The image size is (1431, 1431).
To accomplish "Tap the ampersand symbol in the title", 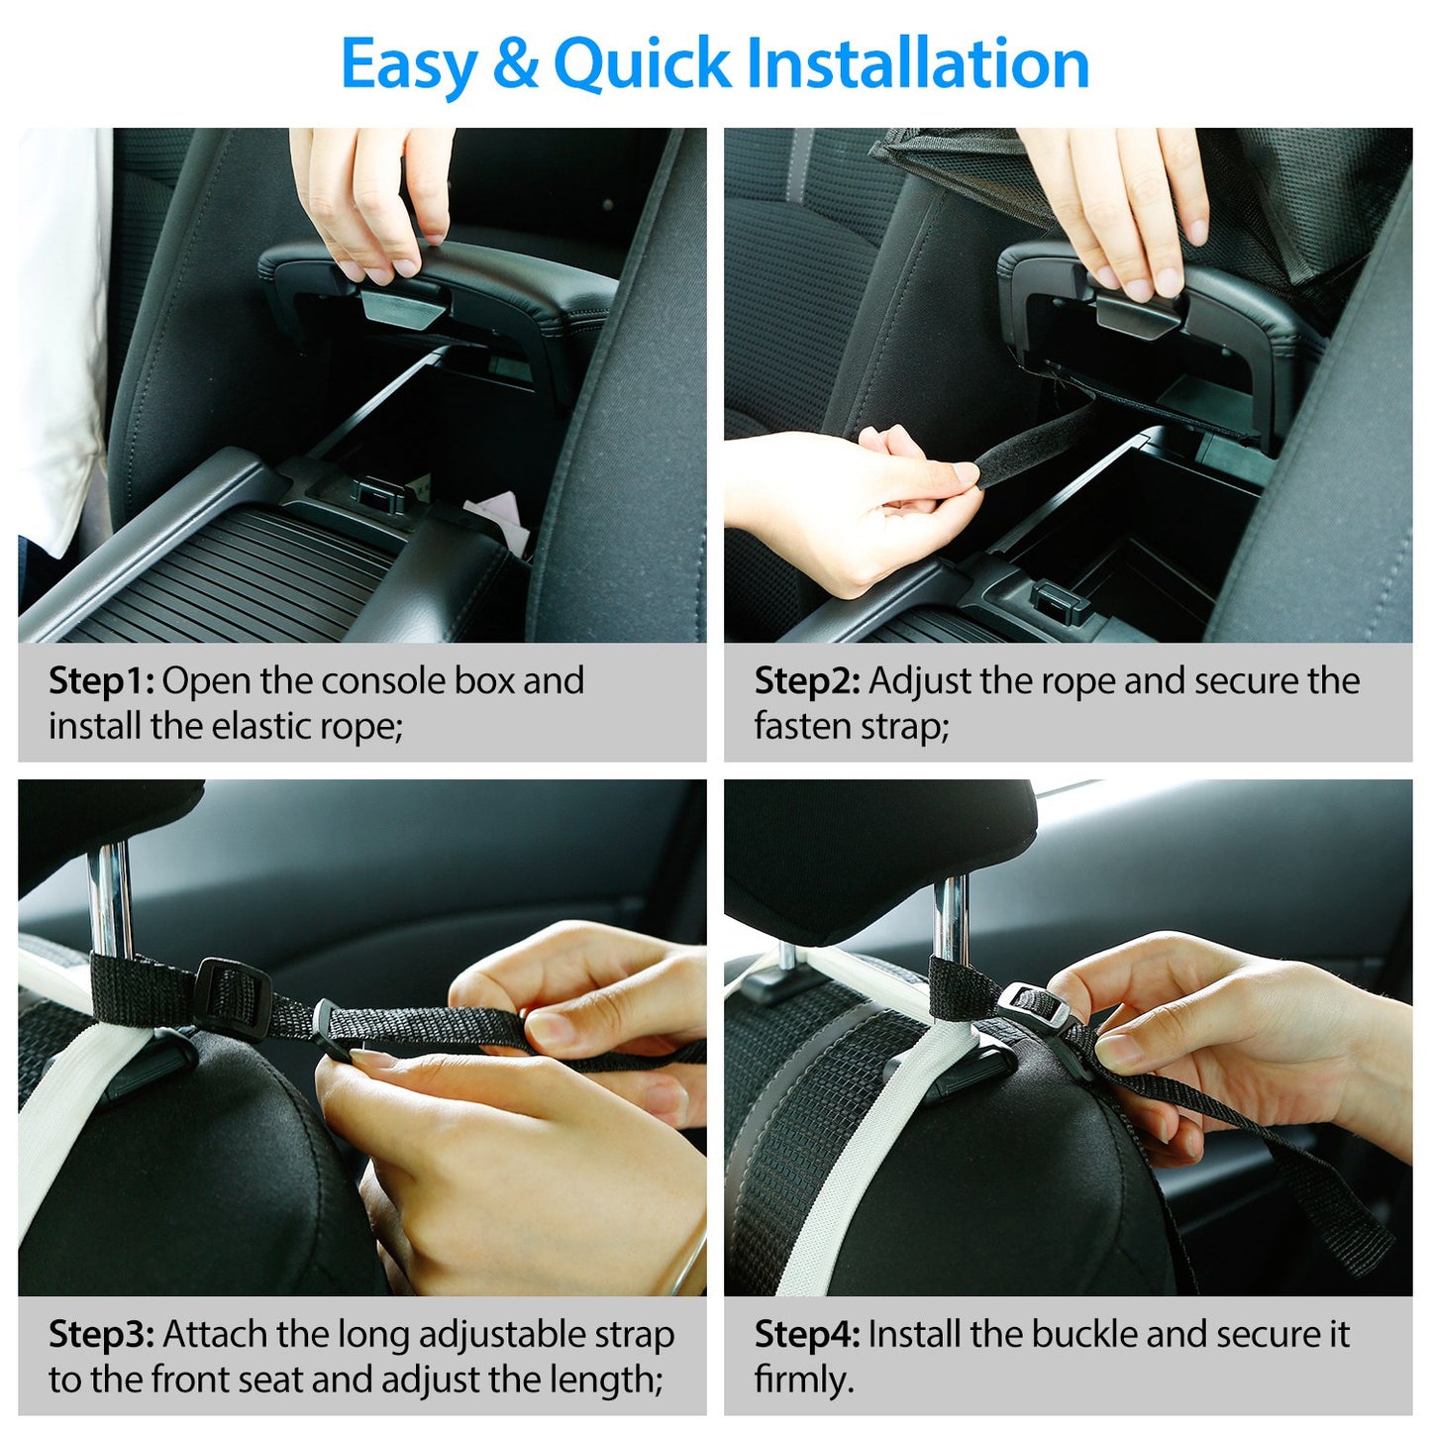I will pos(514,63).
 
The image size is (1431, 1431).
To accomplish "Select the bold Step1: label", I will pos(101,681).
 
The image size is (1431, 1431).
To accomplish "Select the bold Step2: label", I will pos(807,681).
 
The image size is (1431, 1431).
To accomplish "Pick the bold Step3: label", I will pos(101,1334).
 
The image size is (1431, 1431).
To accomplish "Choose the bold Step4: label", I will pos(807,1334).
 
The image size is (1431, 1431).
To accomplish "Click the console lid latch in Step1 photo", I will pos(402,306).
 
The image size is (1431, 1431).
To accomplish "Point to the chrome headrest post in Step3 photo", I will pos(109,896).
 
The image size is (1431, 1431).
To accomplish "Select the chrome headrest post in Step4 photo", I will pos(951,916).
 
